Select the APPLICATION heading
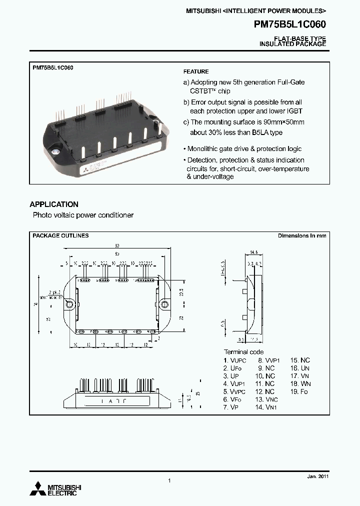[x=54, y=204]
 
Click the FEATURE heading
[x=196, y=72]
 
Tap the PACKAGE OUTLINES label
[x=60, y=235]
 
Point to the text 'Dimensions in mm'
[x=302, y=235]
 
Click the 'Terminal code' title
[x=243, y=352]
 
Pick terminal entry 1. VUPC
[x=235, y=360]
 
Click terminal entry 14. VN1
[x=266, y=407]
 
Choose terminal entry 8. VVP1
[x=269, y=360]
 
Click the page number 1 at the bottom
[x=169, y=480]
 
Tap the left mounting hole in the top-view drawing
[x=71, y=303]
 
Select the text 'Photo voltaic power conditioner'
[x=83, y=215]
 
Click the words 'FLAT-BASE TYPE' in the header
[x=300, y=38]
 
